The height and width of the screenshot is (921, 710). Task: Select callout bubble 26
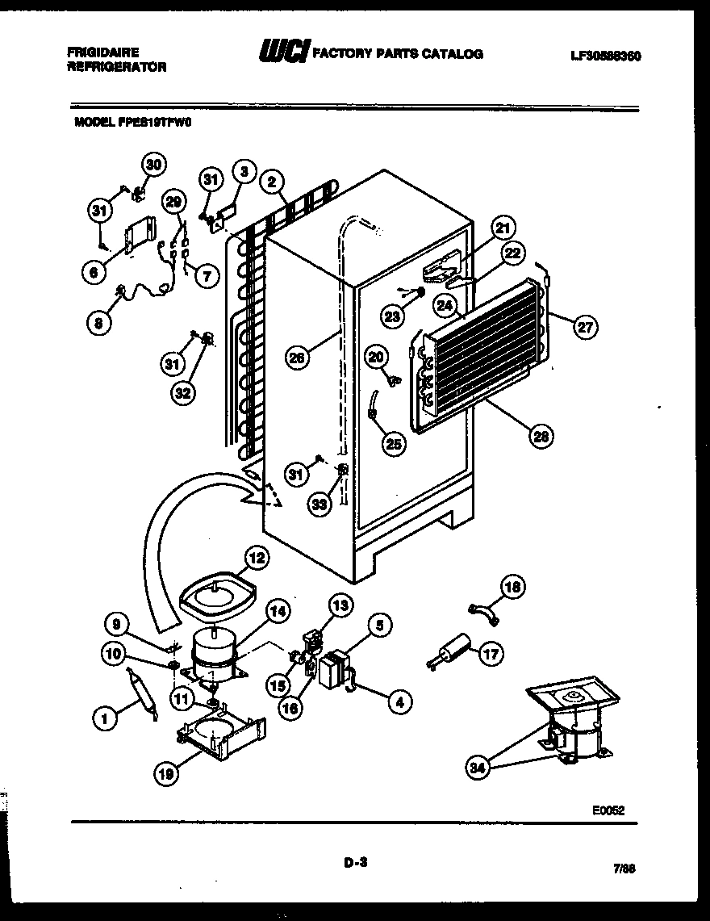pos(299,357)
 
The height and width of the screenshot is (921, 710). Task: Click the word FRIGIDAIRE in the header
pos(99,50)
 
